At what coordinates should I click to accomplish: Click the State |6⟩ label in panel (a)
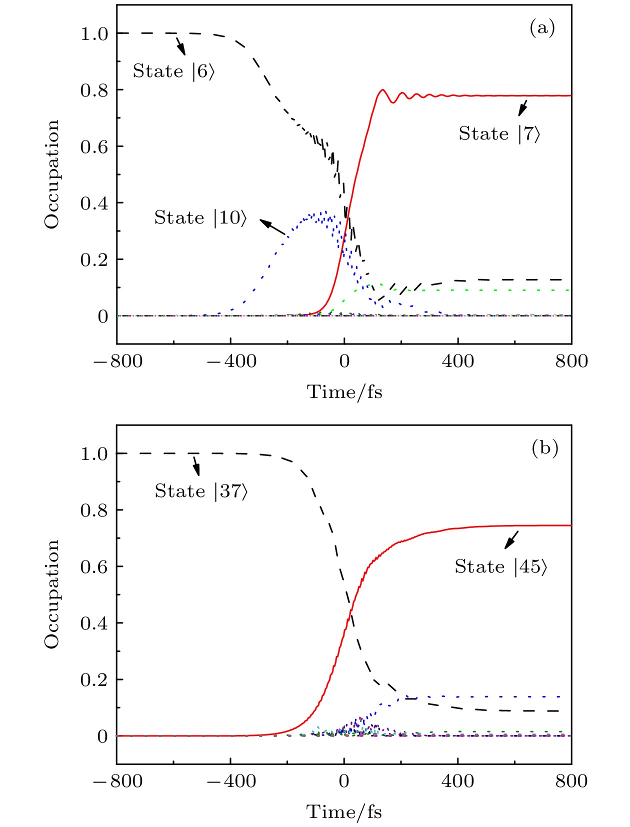point(173,71)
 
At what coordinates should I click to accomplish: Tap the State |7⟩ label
point(499,134)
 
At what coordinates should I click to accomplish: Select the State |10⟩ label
point(200,218)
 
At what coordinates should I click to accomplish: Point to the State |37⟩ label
point(201,491)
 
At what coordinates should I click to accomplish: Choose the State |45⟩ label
point(500,567)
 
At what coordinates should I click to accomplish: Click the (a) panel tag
point(542,28)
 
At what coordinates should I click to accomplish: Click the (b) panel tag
point(544,448)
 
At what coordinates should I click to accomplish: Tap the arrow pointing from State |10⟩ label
point(272,227)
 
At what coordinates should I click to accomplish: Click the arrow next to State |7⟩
point(522,107)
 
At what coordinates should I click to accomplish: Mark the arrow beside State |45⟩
point(511,540)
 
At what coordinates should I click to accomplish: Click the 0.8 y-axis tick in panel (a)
point(94,90)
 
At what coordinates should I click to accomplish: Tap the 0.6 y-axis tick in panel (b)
point(94,567)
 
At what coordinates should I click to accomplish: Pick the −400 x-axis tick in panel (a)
point(231,361)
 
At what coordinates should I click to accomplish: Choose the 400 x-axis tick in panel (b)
point(457,781)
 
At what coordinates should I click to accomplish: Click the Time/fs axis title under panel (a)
point(344,392)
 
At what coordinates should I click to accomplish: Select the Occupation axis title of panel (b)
point(52,594)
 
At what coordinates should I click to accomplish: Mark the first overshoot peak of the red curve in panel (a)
point(382,90)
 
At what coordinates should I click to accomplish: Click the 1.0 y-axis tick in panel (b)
point(94,454)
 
